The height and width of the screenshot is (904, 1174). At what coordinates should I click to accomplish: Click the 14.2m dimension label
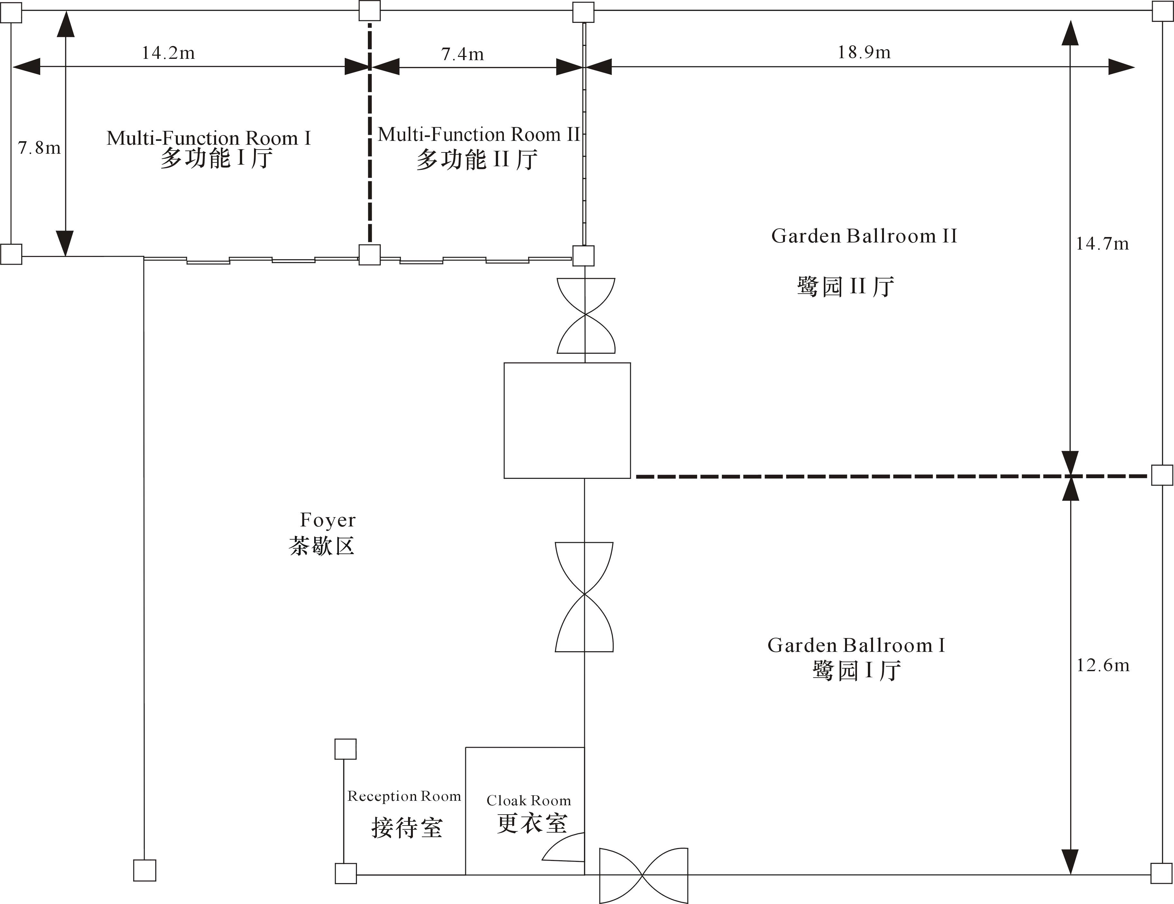[x=168, y=53]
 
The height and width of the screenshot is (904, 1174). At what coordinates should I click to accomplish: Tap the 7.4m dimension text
[x=462, y=54]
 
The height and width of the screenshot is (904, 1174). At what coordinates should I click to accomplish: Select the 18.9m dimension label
[x=864, y=52]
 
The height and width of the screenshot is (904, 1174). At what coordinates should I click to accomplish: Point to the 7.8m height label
[x=39, y=147]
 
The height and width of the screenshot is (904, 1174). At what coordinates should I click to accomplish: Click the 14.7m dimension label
[x=1102, y=243]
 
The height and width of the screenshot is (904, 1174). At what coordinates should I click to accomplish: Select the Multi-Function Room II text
[x=478, y=134]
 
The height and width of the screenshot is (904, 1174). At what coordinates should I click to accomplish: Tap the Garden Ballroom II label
[x=864, y=235]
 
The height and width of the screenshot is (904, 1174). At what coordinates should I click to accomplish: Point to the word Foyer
[x=327, y=520]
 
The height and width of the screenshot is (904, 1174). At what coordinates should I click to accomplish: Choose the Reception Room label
[x=404, y=796]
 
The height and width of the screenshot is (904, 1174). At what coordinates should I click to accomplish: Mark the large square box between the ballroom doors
[x=567, y=420]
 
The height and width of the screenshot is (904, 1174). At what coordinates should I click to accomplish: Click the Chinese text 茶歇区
[x=322, y=546]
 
